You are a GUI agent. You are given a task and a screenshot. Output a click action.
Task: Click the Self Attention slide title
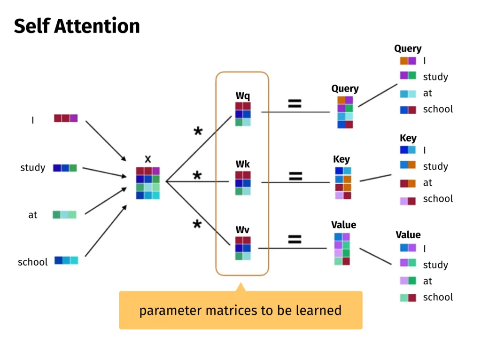click(x=77, y=26)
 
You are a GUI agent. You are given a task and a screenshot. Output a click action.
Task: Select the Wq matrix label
click(x=243, y=96)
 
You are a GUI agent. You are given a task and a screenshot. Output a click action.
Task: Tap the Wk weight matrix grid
click(x=243, y=183)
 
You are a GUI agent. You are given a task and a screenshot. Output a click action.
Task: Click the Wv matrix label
click(x=243, y=230)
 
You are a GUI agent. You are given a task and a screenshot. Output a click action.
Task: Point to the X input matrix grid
click(x=148, y=183)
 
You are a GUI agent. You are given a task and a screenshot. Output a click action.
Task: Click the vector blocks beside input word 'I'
click(x=66, y=118)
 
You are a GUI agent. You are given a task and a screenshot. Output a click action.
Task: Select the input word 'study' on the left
click(x=33, y=168)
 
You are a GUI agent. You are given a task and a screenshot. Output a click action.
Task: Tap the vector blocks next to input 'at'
click(x=64, y=215)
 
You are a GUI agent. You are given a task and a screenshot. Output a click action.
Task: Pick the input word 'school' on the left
click(x=33, y=262)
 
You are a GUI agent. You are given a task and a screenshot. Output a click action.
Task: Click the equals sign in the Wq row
click(x=295, y=104)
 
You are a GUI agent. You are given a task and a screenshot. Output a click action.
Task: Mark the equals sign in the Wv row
click(x=295, y=240)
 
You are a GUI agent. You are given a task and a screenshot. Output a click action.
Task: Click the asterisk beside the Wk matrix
click(x=197, y=177)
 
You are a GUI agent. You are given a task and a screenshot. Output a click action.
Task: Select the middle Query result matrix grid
click(x=345, y=112)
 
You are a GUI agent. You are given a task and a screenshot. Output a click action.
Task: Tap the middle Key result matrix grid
click(x=343, y=183)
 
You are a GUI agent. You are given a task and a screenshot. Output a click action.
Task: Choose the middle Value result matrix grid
click(x=342, y=249)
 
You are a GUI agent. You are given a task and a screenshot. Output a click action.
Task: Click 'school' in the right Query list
click(x=438, y=110)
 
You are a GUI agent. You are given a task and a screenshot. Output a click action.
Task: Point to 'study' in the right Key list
click(x=435, y=166)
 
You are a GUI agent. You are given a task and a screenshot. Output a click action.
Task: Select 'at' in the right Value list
click(x=427, y=281)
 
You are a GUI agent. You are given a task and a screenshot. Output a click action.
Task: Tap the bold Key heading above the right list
click(x=408, y=138)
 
